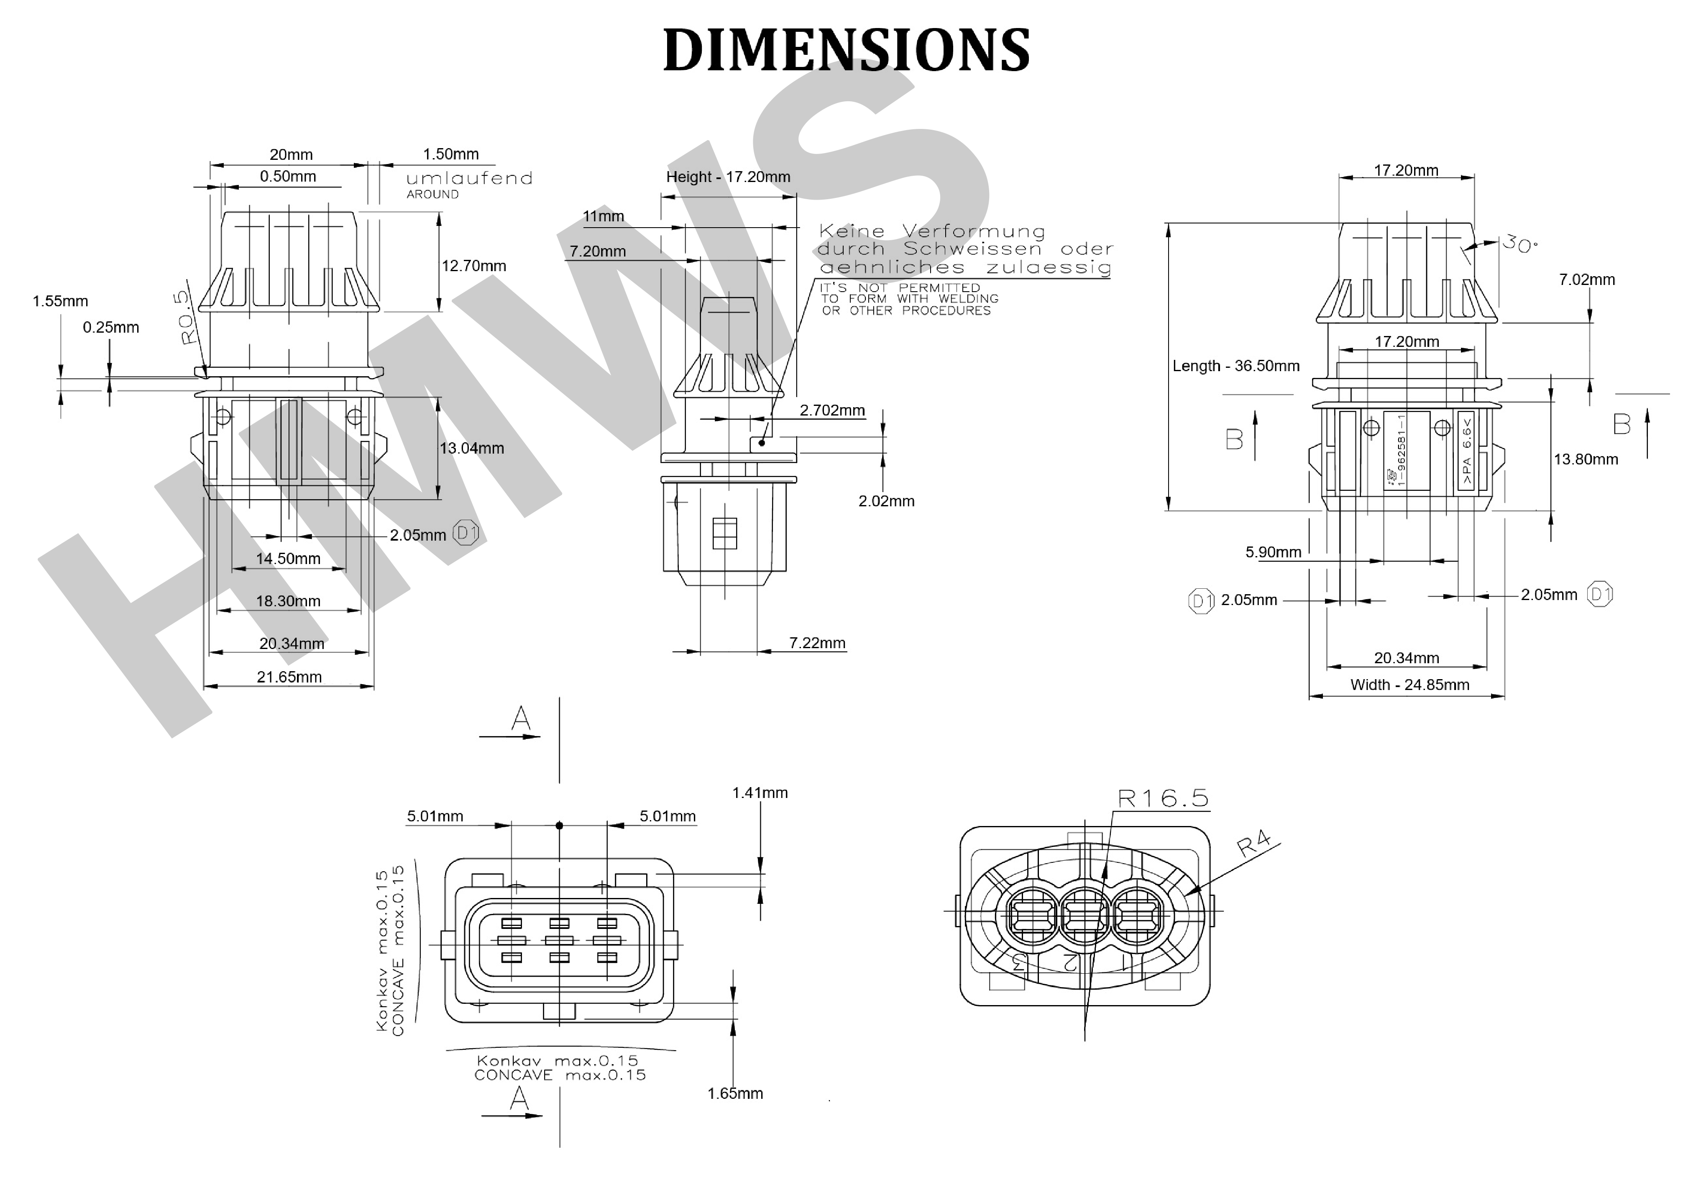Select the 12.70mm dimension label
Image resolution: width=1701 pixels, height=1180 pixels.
coord(473,266)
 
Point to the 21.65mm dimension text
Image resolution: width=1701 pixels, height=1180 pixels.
coord(289,677)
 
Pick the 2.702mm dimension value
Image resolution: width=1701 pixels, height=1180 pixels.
coord(832,410)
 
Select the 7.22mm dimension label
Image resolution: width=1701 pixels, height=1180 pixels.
coord(817,643)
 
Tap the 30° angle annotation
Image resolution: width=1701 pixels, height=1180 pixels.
coord(1519,244)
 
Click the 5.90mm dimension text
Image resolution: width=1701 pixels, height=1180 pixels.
coord(1273,552)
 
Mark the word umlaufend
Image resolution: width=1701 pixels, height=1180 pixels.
coord(469,178)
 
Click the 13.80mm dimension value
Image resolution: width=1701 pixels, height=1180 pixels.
coord(1585,459)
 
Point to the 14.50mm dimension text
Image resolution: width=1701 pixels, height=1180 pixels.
coord(288,559)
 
